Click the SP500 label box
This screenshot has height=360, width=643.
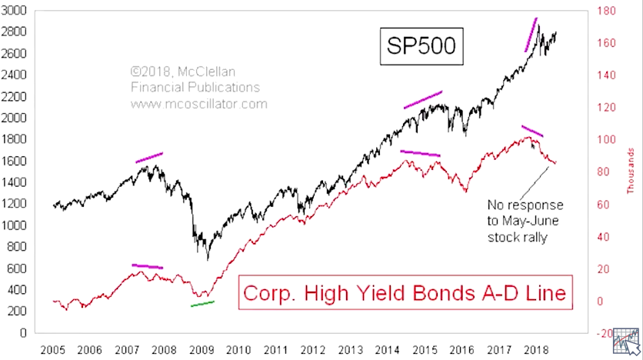[421, 47]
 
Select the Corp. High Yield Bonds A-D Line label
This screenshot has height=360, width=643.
[405, 293]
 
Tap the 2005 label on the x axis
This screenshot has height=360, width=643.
[53, 348]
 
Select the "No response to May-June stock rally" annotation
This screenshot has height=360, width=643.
[525, 222]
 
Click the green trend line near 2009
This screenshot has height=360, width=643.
[203, 304]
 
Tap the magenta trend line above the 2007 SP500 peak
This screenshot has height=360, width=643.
[149, 158]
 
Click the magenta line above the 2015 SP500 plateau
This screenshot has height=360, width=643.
[423, 99]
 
